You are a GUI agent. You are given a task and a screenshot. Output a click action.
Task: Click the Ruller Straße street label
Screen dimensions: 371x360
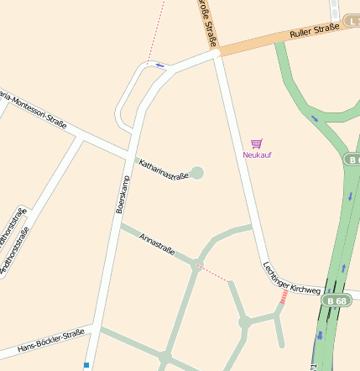point(315,32)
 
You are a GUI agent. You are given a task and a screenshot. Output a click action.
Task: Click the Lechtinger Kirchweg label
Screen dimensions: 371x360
point(290,279)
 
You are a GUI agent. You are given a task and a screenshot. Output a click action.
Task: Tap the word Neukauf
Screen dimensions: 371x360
point(257,154)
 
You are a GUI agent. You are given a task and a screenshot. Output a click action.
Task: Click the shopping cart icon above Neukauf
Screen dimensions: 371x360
point(257,144)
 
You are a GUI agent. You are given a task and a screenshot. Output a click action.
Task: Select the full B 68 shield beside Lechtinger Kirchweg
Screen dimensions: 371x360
point(337,300)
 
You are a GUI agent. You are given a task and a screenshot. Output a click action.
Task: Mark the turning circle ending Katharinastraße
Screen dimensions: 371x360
point(197,173)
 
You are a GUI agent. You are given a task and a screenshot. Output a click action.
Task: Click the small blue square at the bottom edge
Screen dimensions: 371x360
point(86,365)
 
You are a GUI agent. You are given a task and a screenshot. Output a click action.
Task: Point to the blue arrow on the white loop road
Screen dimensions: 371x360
point(159,65)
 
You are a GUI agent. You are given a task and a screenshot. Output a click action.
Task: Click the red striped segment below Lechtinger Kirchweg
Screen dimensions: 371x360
point(284,297)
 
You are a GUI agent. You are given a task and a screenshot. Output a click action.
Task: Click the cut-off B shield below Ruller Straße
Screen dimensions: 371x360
point(352,159)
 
